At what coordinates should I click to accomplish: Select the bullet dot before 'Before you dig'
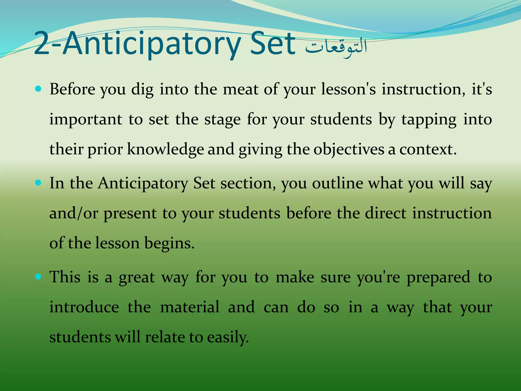(x=38, y=89)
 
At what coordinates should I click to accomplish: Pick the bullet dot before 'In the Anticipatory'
(x=38, y=183)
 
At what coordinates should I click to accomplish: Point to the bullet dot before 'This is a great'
(x=38, y=277)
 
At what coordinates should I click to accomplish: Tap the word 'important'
(x=86, y=120)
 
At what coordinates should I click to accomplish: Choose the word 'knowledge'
(x=165, y=149)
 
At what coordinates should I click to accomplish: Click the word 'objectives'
(x=349, y=150)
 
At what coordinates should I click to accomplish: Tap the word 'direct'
(x=386, y=213)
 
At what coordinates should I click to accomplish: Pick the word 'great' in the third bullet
(x=137, y=278)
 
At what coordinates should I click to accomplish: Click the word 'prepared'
(x=438, y=278)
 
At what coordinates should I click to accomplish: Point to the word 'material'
(x=190, y=307)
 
